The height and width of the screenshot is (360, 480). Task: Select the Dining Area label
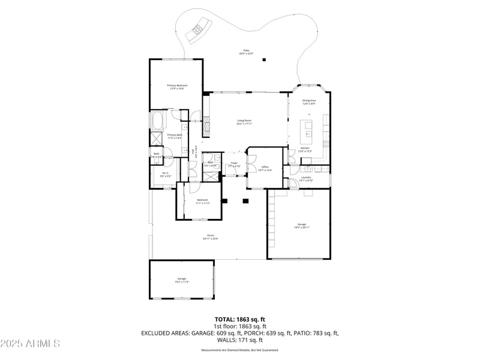pyautogui.click(x=309, y=102)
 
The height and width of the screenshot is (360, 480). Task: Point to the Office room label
pyautogui.click(x=265, y=169)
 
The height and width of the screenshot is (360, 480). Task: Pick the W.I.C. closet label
pyautogui.click(x=166, y=175)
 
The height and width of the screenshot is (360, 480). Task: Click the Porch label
pyautogui.click(x=211, y=237)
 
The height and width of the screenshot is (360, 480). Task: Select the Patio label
pyautogui.click(x=246, y=52)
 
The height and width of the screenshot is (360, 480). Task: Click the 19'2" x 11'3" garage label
pyautogui.click(x=181, y=280)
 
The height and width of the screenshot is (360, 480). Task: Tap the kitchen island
pyautogui.click(x=308, y=127)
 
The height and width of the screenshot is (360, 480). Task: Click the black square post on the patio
pyautogui.click(x=265, y=59)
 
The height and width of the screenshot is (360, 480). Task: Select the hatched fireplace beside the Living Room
pyautogui.click(x=206, y=125)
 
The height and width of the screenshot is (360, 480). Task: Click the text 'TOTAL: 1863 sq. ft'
pyautogui.click(x=240, y=319)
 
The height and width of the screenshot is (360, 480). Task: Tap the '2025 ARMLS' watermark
pyautogui.click(x=30, y=344)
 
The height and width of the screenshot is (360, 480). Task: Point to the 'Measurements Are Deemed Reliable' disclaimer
pyautogui.click(x=240, y=350)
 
